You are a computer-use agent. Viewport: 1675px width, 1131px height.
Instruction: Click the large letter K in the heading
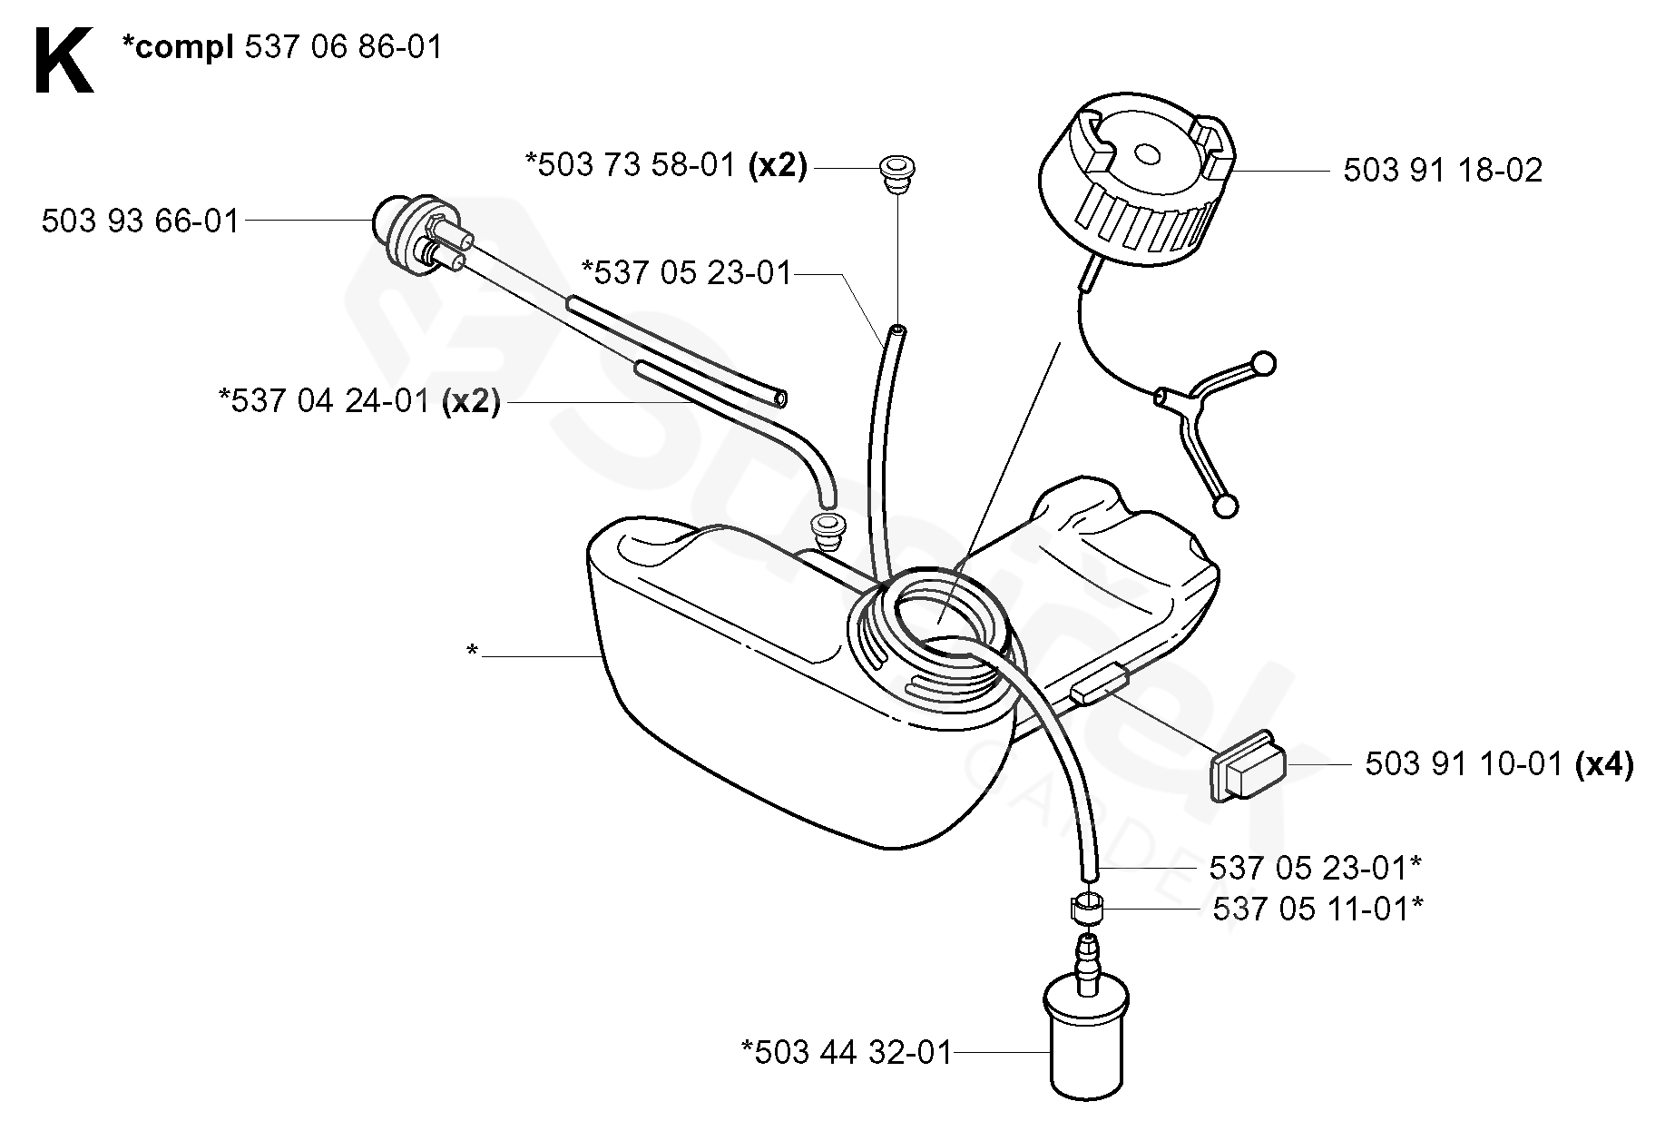(64, 61)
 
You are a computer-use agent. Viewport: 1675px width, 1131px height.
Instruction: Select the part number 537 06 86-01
(344, 47)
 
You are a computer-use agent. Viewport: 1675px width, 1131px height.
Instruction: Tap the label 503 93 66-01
(141, 221)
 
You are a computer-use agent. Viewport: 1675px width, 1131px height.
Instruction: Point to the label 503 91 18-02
(1443, 171)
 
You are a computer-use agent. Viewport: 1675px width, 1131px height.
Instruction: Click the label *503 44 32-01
(847, 1053)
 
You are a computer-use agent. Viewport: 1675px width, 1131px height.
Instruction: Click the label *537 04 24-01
(325, 400)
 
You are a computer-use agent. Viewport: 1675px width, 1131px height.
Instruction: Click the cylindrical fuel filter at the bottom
(1087, 1035)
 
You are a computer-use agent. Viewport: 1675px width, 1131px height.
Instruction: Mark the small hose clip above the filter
(1085, 908)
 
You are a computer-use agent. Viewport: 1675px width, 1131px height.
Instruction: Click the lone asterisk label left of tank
(472, 651)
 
